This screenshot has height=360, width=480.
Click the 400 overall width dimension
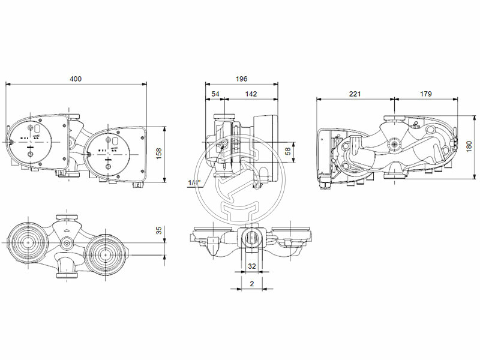[75, 79]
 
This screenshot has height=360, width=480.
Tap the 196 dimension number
[241, 79]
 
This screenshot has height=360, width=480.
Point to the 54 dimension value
[215, 94]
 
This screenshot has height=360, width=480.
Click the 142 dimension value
[251, 94]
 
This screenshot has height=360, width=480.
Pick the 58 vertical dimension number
[287, 152]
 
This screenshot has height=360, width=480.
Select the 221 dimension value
[355, 94]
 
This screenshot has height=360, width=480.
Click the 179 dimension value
[425, 94]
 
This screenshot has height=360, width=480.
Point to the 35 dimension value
[159, 230]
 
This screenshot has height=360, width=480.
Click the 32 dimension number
[252, 266]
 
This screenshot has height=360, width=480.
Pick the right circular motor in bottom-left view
[106, 254]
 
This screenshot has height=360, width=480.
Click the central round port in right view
[394, 145]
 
